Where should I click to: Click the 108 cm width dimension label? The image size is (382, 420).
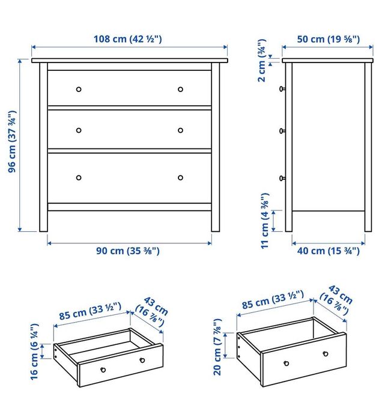pos(129,39)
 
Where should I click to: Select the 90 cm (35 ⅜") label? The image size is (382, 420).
pos(128,251)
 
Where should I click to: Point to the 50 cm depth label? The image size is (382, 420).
pos(329,39)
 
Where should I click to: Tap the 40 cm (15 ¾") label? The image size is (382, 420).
pos(329,251)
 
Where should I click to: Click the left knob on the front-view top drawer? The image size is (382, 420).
pos(78,90)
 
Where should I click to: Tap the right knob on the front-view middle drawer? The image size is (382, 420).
pos(180,130)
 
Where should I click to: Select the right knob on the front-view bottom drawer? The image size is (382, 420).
pos(180,177)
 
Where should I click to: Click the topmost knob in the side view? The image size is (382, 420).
pos(281,89)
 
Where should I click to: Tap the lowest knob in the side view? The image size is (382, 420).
pos(281,177)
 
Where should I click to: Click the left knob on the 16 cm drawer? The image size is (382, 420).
pos(103,370)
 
